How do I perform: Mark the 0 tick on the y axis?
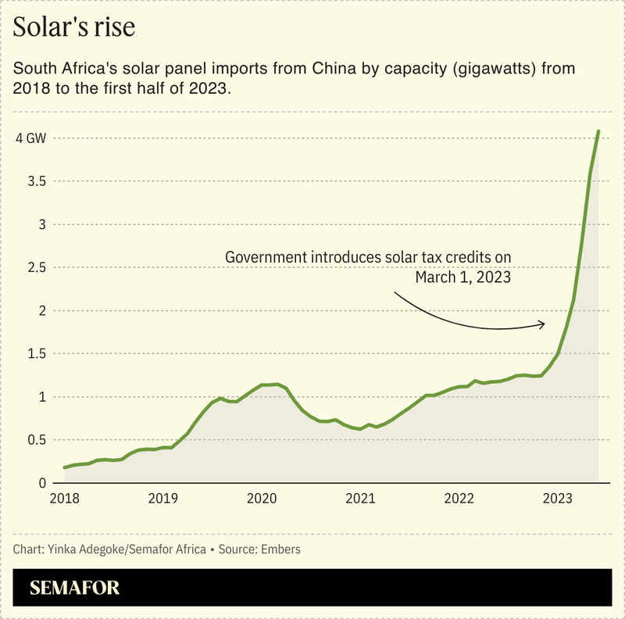point(20,483)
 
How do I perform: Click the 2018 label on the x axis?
point(64,498)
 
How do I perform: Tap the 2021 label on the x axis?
point(360,498)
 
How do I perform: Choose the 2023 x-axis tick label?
point(558,498)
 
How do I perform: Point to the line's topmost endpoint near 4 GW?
point(598,131)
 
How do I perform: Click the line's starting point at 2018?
point(65,467)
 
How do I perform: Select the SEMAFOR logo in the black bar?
point(75,588)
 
